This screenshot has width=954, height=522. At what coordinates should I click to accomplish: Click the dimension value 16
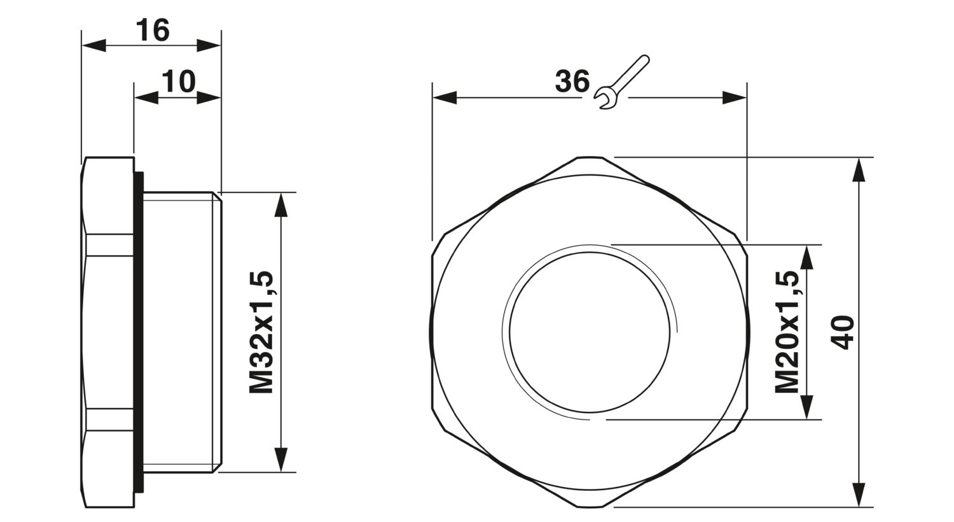coord(153,30)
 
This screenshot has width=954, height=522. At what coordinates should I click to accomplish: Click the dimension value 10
coord(177,81)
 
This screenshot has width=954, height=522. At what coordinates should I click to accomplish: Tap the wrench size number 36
coord(572,81)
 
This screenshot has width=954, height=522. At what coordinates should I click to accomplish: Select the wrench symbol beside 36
coord(620,83)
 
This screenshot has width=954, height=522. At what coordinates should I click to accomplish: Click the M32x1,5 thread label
coord(261,332)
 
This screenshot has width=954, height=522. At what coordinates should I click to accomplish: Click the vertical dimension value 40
coord(843,332)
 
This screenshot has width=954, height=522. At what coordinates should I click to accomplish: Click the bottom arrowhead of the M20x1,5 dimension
coord(806,407)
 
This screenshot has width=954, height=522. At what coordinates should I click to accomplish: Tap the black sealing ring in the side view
coord(138,332)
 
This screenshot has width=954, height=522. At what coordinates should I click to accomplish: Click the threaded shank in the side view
coord(181,332)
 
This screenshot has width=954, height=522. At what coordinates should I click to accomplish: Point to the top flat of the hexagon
coord(590,157)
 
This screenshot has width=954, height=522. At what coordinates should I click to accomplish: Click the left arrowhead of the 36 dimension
coord(445,98)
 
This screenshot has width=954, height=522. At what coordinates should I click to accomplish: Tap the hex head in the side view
coord(108,332)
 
